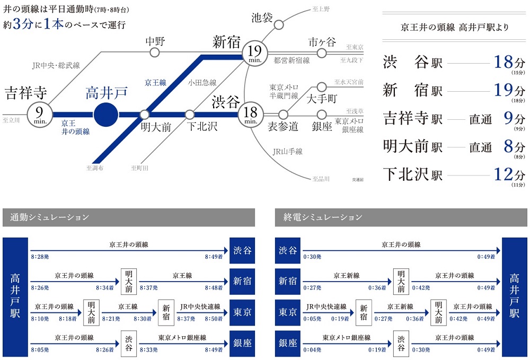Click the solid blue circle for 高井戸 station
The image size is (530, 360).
106,114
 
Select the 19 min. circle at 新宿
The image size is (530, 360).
254,54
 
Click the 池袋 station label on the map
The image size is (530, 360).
262,18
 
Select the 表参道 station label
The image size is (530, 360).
283,126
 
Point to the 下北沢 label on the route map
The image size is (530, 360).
202,126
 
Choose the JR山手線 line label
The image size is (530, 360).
287,152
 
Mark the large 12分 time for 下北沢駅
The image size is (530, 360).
509,173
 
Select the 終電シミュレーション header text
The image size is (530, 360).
323,217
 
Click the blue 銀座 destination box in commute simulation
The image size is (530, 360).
243,343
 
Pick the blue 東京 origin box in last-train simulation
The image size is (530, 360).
288,312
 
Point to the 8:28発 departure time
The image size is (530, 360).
40,257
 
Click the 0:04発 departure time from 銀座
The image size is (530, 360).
312,350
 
